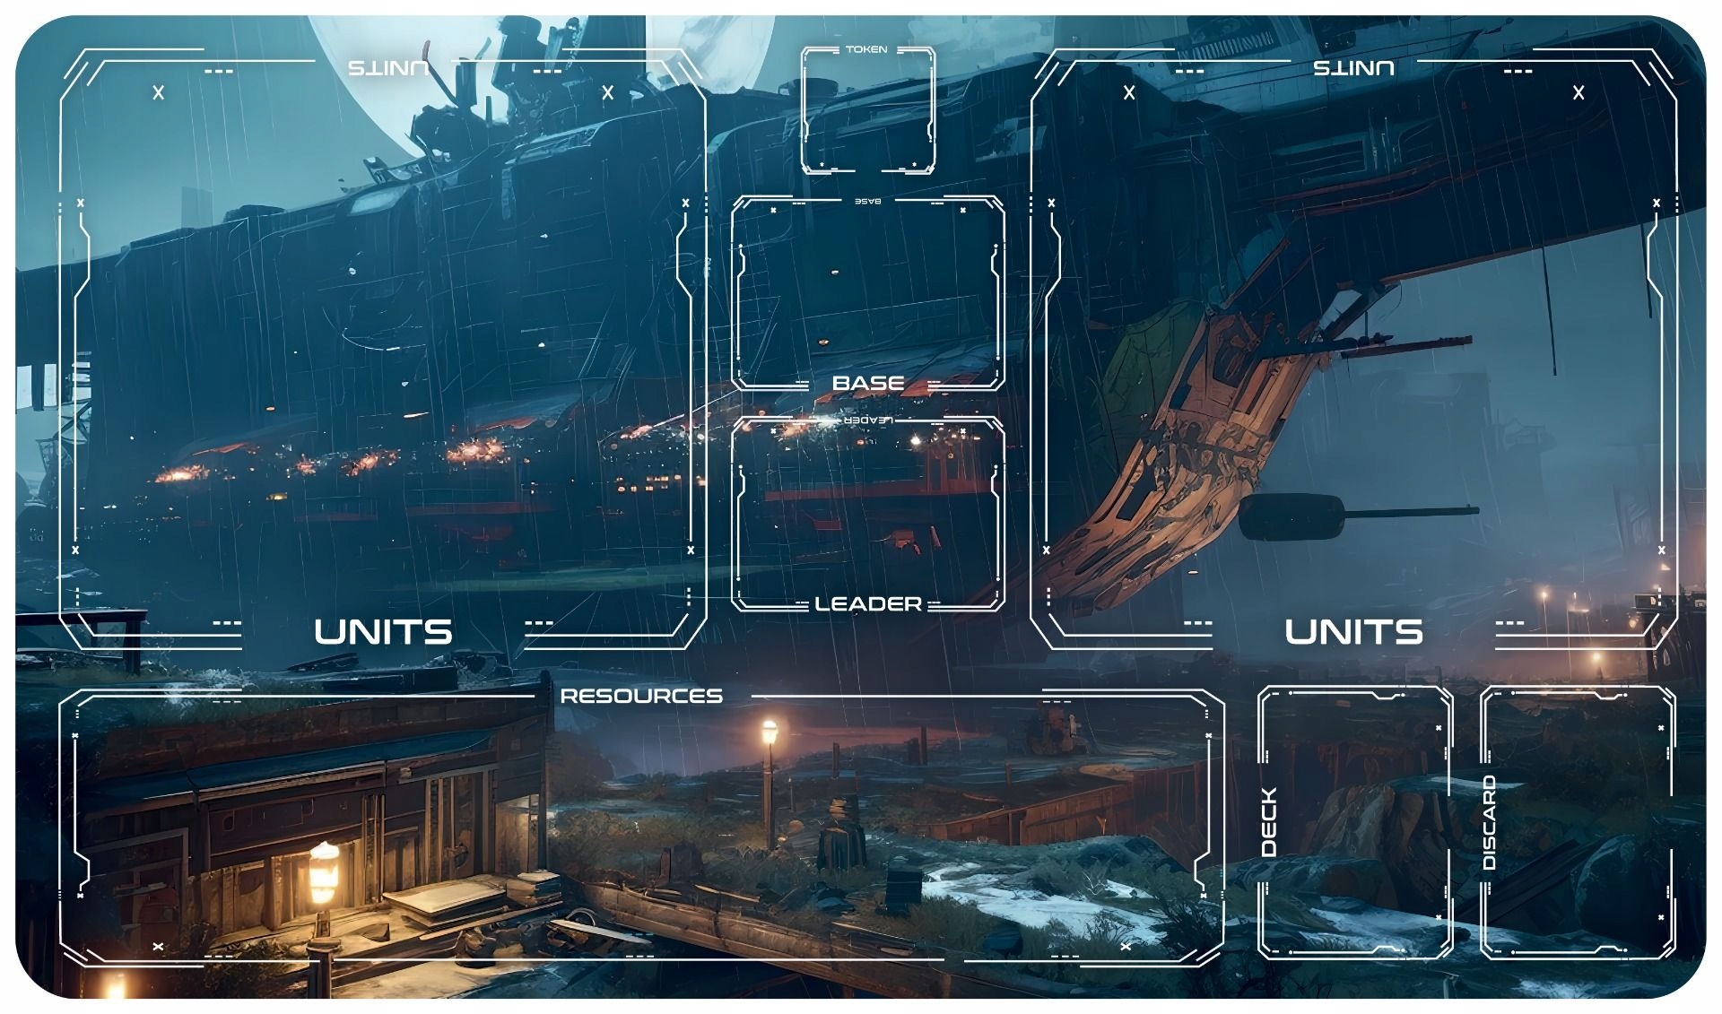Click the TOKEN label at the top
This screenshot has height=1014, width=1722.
coord(865,49)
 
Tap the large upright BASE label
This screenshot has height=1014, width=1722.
coord(867,383)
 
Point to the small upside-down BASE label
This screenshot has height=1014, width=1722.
coord(867,201)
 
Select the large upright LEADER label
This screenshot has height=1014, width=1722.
coord(867,604)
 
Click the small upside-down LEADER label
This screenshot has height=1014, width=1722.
coord(866,420)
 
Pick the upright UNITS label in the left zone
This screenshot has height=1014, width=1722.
coord(383,632)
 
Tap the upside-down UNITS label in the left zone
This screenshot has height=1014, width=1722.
coord(387,68)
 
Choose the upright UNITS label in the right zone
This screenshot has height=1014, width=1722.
coord(1353,632)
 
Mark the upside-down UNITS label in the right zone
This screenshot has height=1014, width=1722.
coord(1353,68)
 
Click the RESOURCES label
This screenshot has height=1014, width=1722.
coord(641,696)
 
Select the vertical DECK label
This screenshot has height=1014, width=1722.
coord(1269,821)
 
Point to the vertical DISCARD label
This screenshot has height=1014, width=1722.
coord(1490,822)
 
